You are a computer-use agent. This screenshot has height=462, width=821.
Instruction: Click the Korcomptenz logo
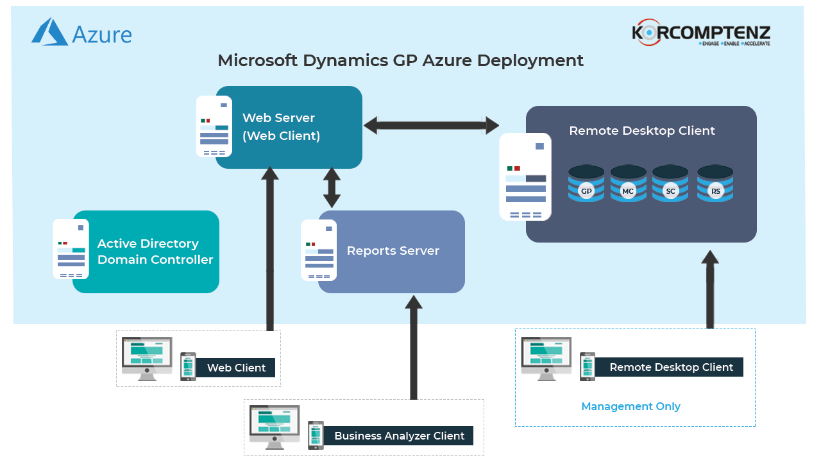click(x=701, y=33)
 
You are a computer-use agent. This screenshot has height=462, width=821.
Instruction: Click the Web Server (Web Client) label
click(x=281, y=126)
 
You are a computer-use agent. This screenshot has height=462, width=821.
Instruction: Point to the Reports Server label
click(x=393, y=251)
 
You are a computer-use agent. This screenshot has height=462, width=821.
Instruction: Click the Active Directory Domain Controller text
click(x=155, y=252)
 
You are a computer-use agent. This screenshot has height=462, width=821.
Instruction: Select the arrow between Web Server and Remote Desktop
click(x=431, y=125)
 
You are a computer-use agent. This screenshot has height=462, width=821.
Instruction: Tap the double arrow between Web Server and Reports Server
click(x=332, y=187)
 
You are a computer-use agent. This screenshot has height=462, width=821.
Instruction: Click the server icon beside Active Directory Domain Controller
click(x=71, y=249)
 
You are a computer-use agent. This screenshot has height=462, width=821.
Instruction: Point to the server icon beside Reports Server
click(x=319, y=250)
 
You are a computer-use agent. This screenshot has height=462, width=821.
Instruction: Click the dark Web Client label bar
click(x=236, y=368)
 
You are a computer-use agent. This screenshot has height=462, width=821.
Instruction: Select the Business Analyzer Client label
click(x=399, y=436)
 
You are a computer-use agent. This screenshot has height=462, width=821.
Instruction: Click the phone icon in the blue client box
click(x=587, y=366)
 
